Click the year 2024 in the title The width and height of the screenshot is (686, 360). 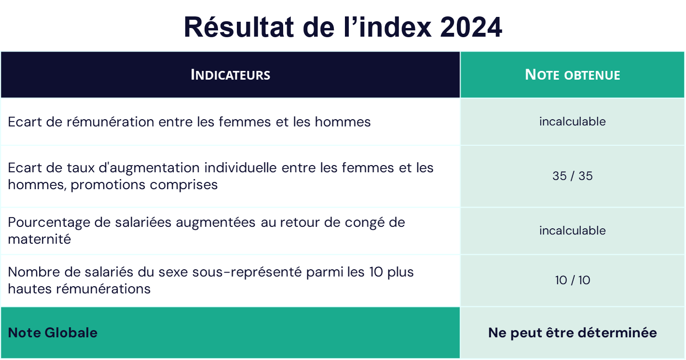[471, 28]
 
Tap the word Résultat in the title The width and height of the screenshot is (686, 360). [239, 28]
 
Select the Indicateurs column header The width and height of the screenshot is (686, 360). [230, 75]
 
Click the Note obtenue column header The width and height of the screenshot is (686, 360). [572, 75]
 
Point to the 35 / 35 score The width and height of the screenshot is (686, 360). [572, 176]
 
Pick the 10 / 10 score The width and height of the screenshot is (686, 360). [572, 280]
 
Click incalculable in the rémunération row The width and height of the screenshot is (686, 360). [572, 122]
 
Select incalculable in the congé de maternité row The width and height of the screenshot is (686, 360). [572, 230]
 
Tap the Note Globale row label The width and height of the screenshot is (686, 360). [53, 332]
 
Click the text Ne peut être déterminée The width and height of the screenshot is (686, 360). [572, 332]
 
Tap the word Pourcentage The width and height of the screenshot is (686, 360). [49, 223]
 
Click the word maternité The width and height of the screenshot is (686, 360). [39, 239]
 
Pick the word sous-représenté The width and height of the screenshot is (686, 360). [247, 272]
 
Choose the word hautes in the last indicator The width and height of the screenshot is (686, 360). [29, 289]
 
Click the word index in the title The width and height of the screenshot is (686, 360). [395, 28]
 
